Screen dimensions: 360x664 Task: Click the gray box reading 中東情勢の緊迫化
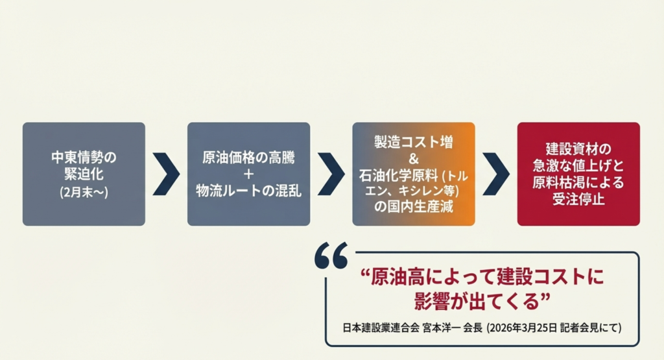(84, 174)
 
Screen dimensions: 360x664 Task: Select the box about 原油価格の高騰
(248, 174)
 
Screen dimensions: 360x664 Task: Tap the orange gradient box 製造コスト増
(413, 174)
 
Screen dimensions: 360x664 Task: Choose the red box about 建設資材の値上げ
(578, 174)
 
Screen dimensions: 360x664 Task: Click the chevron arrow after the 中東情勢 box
(167, 174)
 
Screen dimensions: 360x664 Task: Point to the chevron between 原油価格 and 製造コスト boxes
(331, 174)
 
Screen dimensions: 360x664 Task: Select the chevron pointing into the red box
(496, 174)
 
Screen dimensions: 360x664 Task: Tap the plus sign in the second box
(248, 174)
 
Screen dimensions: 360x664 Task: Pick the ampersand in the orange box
(414, 158)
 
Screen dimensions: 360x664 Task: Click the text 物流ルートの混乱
(248, 191)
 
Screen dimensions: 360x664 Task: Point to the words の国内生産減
(414, 207)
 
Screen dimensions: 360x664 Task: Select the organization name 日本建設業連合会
(376, 328)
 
